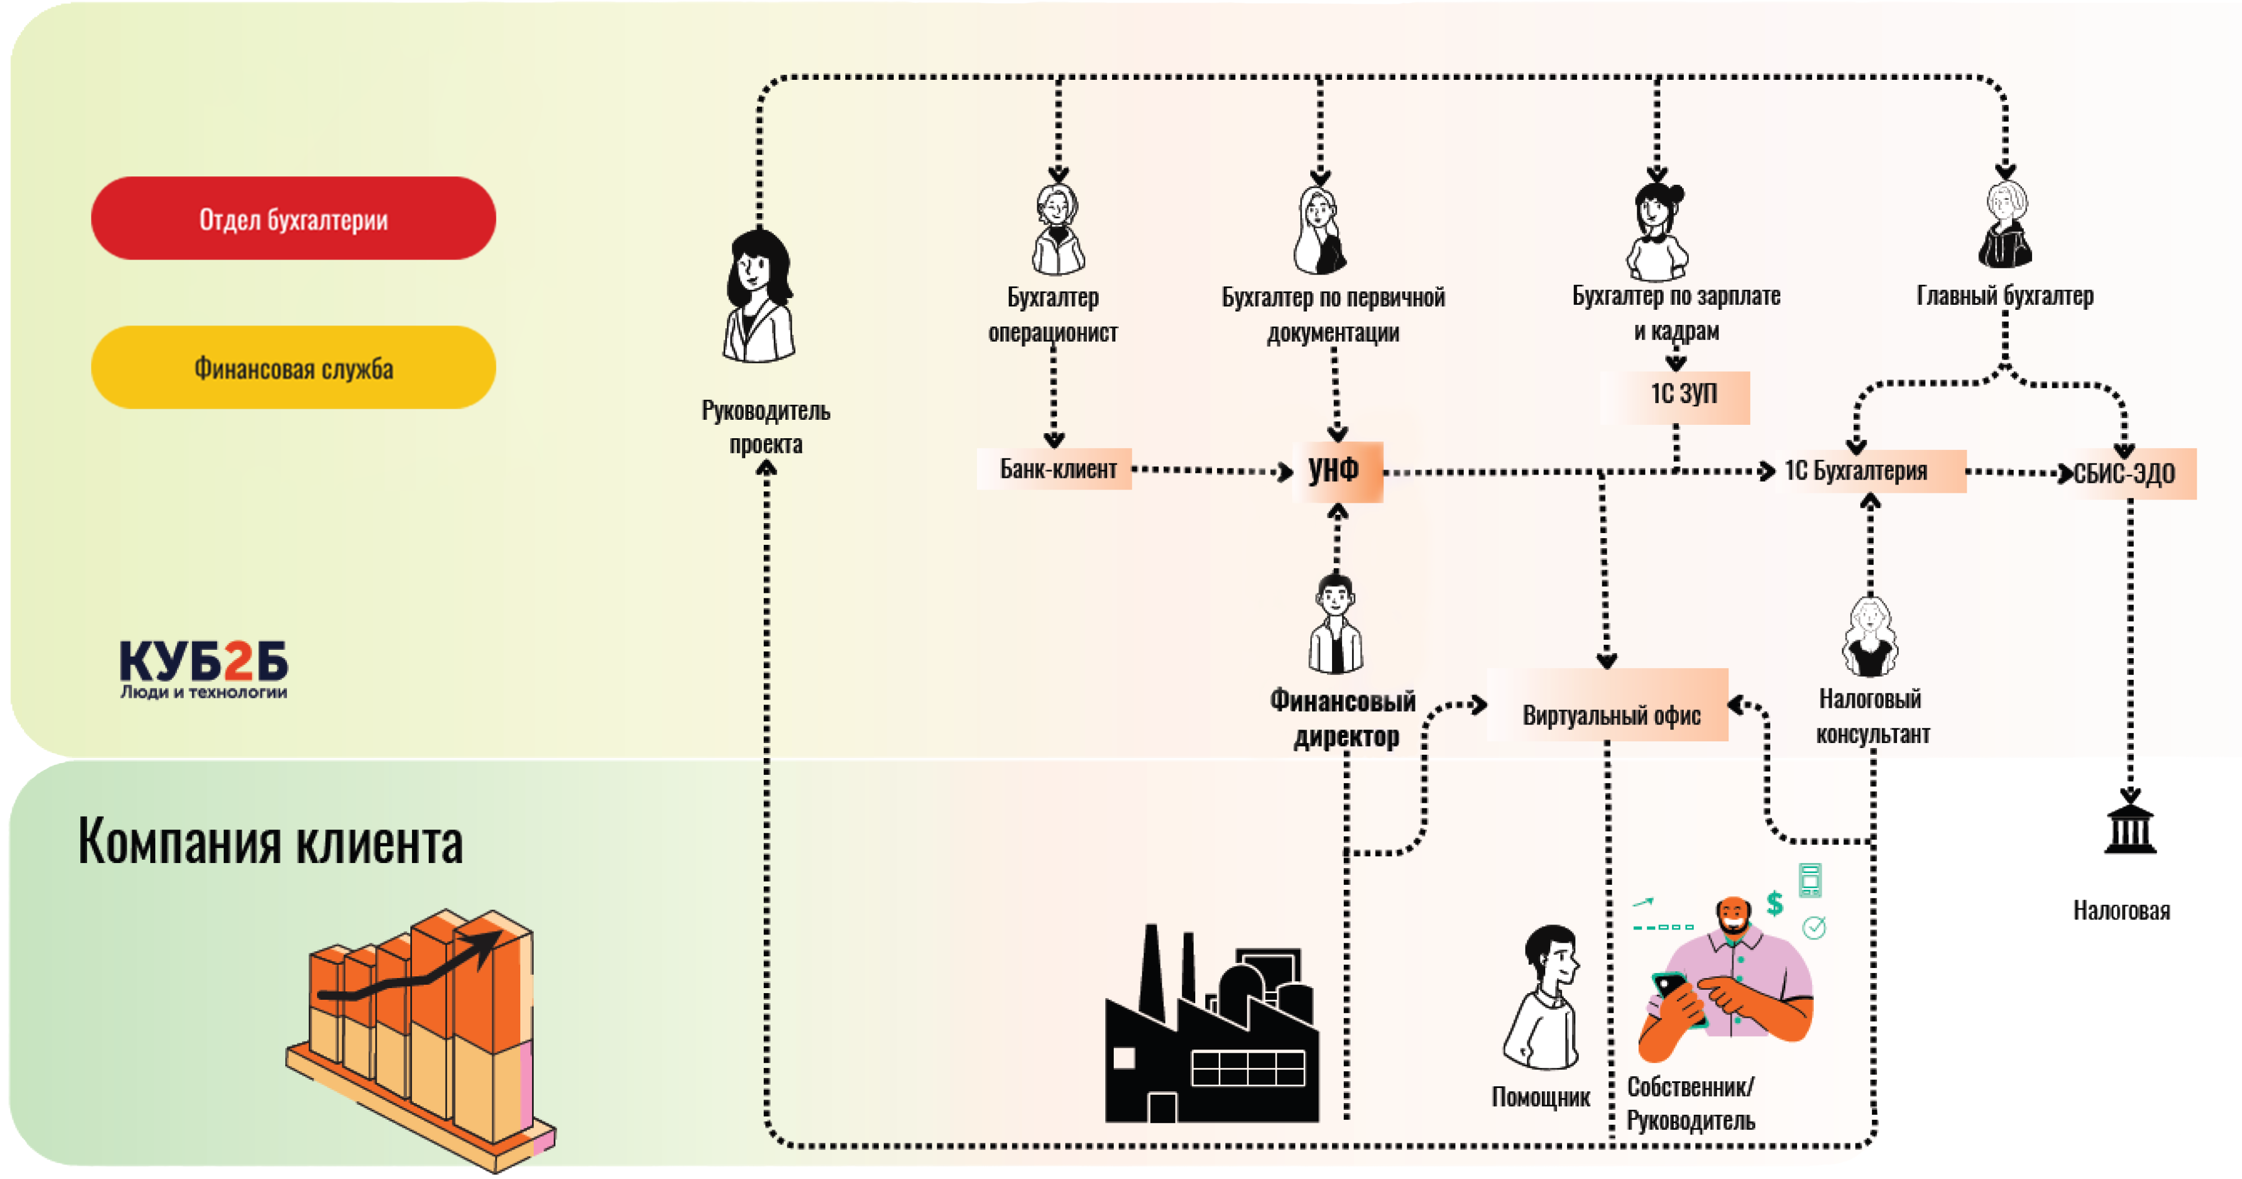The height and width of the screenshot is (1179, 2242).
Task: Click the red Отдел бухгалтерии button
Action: (293, 218)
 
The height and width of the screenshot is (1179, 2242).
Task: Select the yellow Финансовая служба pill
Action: (293, 368)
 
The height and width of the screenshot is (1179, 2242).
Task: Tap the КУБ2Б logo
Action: (204, 668)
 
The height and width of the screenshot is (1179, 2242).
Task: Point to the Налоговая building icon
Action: (2130, 829)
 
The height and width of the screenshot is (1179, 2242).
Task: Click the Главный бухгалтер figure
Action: (2004, 226)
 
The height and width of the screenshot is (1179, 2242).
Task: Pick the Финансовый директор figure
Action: (1336, 625)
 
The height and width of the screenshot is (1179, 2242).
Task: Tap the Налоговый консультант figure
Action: (1870, 638)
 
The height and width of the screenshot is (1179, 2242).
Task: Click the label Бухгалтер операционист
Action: (1053, 315)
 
